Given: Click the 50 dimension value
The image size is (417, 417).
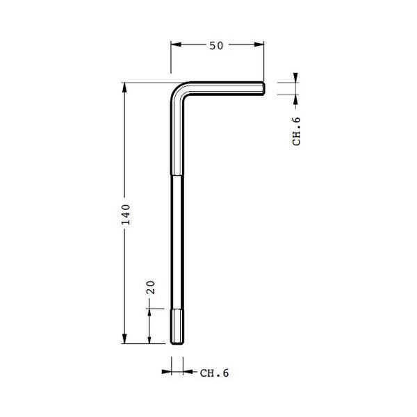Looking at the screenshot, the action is click(216, 46).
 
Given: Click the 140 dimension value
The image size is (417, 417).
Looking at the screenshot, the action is click(126, 214).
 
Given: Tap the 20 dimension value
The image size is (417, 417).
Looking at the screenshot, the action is click(151, 287).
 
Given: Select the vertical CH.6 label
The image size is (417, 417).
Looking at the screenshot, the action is click(296, 131).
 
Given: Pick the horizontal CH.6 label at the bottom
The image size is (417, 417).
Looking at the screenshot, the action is click(214, 373).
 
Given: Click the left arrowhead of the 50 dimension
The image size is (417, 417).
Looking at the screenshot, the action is click(176, 44).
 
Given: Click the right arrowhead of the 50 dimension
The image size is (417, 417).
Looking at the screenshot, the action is click(259, 44).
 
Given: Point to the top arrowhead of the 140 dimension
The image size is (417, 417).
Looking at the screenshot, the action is click(124, 88).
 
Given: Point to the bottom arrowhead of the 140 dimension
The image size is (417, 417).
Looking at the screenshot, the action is click(124, 338).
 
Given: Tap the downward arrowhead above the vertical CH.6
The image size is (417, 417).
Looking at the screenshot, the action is click(295, 78).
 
